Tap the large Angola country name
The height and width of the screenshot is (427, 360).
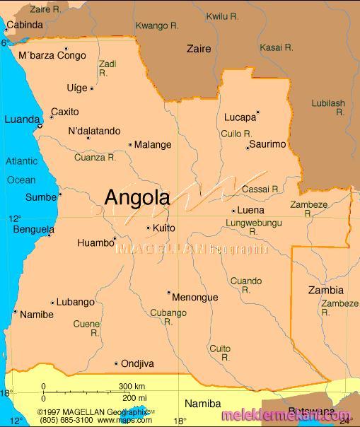coord(137,198)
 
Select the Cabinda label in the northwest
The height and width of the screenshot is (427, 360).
coord(25,25)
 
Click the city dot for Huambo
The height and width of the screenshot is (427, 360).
coord(115,238)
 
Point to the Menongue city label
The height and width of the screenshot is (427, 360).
coord(195,298)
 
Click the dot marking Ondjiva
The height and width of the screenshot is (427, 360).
coord(116,363)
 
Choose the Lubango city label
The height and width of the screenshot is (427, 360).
coord(76,302)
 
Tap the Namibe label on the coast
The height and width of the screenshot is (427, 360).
coord(37,315)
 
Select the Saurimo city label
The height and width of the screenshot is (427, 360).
coord(268,144)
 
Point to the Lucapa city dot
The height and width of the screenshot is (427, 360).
coord(257,112)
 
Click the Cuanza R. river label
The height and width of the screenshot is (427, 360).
coord(95,158)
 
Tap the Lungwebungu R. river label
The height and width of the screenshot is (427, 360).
coord(253,227)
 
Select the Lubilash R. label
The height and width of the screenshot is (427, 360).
coord(328,107)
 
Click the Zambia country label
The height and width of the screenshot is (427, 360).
coord(326,290)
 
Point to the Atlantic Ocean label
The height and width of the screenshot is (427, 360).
coord(21,170)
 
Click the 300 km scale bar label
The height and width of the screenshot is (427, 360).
coord(132,386)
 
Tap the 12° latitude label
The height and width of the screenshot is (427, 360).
coord(15,218)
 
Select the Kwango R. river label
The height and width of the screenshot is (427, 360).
coord(157,25)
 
